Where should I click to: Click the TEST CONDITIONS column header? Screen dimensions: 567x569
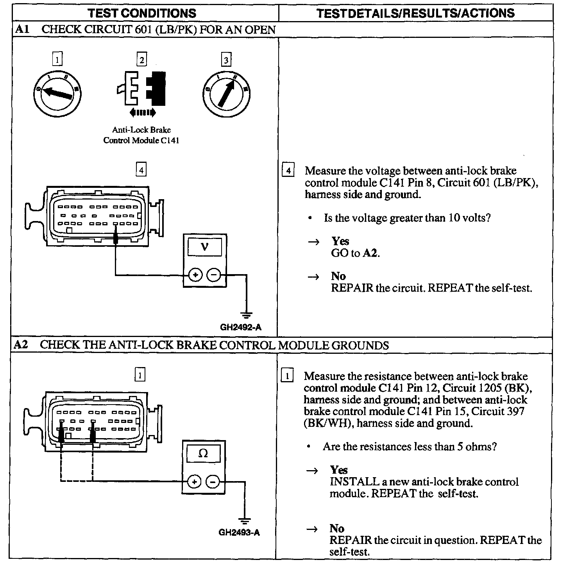(142, 13)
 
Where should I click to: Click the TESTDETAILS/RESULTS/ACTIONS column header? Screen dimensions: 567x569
(415, 13)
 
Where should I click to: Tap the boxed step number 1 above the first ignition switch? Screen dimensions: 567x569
(57, 60)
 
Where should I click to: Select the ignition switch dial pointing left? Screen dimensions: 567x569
(57, 93)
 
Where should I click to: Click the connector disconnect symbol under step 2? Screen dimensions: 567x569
(142, 91)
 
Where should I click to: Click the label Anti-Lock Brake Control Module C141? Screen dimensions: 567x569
(141, 135)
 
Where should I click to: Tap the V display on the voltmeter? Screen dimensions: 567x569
(204, 247)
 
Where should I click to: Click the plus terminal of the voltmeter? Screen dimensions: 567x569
(195, 275)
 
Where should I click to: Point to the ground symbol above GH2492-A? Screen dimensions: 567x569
(247, 314)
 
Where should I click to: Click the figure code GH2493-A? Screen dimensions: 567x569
(239, 532)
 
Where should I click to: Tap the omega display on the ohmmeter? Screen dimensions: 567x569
(203, 453)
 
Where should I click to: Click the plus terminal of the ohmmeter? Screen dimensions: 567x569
(194, 481)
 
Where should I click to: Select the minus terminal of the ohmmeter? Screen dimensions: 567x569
(213, 481)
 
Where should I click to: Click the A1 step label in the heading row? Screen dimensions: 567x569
(21, 30)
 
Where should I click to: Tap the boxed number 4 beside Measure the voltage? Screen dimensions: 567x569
(288, 171)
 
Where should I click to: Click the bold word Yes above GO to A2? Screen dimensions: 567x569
(340, 241)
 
